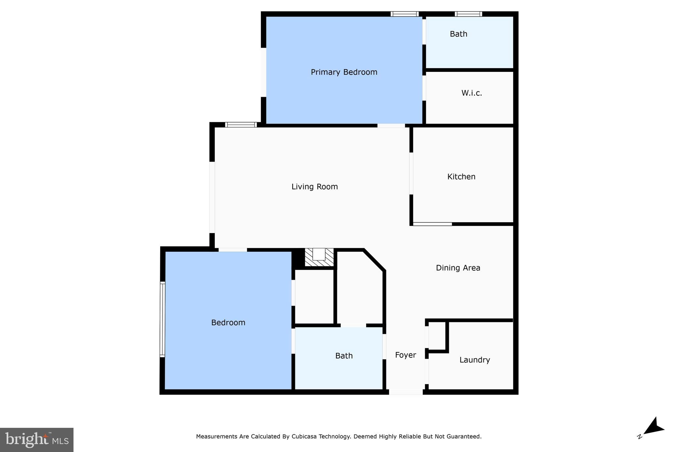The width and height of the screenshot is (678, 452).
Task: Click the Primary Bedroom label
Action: coord(344,72)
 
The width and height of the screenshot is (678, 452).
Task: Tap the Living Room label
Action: coord(315,187)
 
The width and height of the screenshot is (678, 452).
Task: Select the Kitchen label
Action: coord(461,177)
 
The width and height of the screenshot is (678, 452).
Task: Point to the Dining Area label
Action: coord(458,268)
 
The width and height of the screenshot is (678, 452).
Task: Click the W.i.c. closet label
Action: coord(471,93)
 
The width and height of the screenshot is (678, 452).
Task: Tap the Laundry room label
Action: coord(474,360)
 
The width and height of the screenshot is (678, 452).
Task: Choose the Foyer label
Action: coord(406,355)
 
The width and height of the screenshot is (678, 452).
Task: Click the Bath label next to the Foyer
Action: coord(344,356)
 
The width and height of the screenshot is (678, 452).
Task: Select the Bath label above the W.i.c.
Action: coord(459,34)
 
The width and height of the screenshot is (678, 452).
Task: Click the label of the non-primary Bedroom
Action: coord(228,323)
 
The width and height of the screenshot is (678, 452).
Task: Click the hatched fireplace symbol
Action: coord(319,257)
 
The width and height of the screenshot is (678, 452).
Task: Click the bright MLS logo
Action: coord(37,440)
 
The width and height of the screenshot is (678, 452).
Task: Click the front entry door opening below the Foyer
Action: coord(406,392)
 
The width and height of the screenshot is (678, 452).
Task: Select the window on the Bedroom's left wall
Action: coord(162,319)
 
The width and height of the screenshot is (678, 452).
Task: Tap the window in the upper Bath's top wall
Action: coord(468,14)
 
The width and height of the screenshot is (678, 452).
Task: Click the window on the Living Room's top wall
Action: coord(241,125)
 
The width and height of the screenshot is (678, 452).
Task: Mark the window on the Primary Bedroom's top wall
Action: coord(405,14)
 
